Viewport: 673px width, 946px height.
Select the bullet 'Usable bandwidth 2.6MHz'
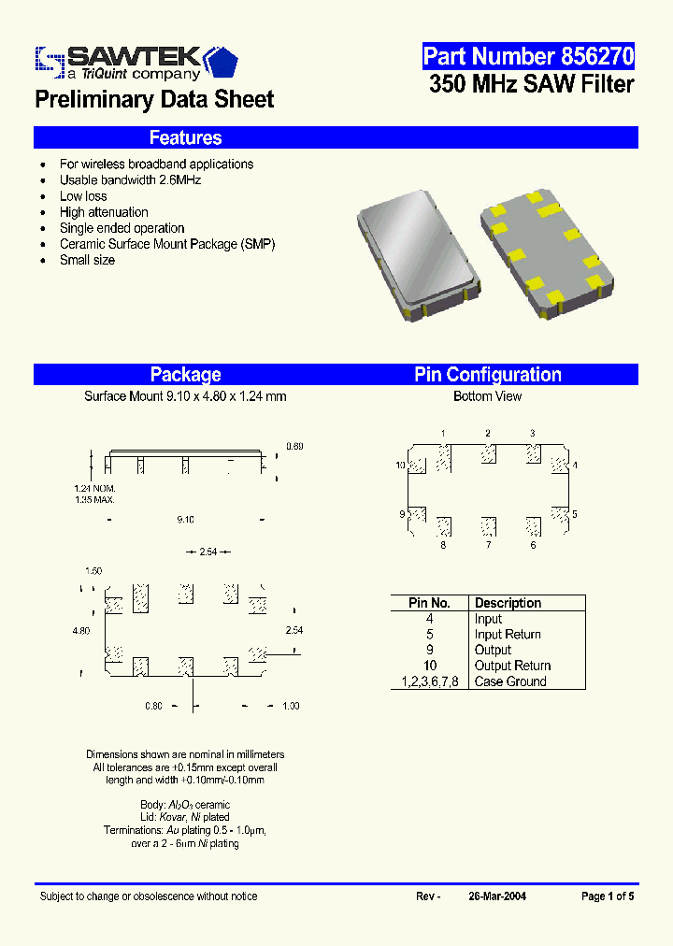click(130, 180)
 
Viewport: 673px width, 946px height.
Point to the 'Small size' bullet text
click(87, 260)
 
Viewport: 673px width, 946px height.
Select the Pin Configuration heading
click(488, 375)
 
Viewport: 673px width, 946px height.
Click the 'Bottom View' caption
click(487, 396)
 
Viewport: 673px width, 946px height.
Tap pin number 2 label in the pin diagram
click(488, 433)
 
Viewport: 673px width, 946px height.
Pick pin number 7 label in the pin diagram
click(488, 545)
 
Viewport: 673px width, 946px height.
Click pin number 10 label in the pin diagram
click(400, 465)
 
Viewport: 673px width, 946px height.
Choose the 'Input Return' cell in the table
click(508, 634)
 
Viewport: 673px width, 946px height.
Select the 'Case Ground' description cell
click(510, 681)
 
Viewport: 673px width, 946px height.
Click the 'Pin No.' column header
click(429, 603)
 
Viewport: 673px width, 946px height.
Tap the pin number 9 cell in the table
click(429, 650)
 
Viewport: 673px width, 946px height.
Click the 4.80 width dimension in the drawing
click(81, 631)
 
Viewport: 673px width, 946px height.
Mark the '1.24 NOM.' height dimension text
click(95, 489)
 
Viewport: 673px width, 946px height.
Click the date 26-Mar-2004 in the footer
click(497, 896)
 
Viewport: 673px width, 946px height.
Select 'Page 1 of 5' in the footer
click(608, 896)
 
